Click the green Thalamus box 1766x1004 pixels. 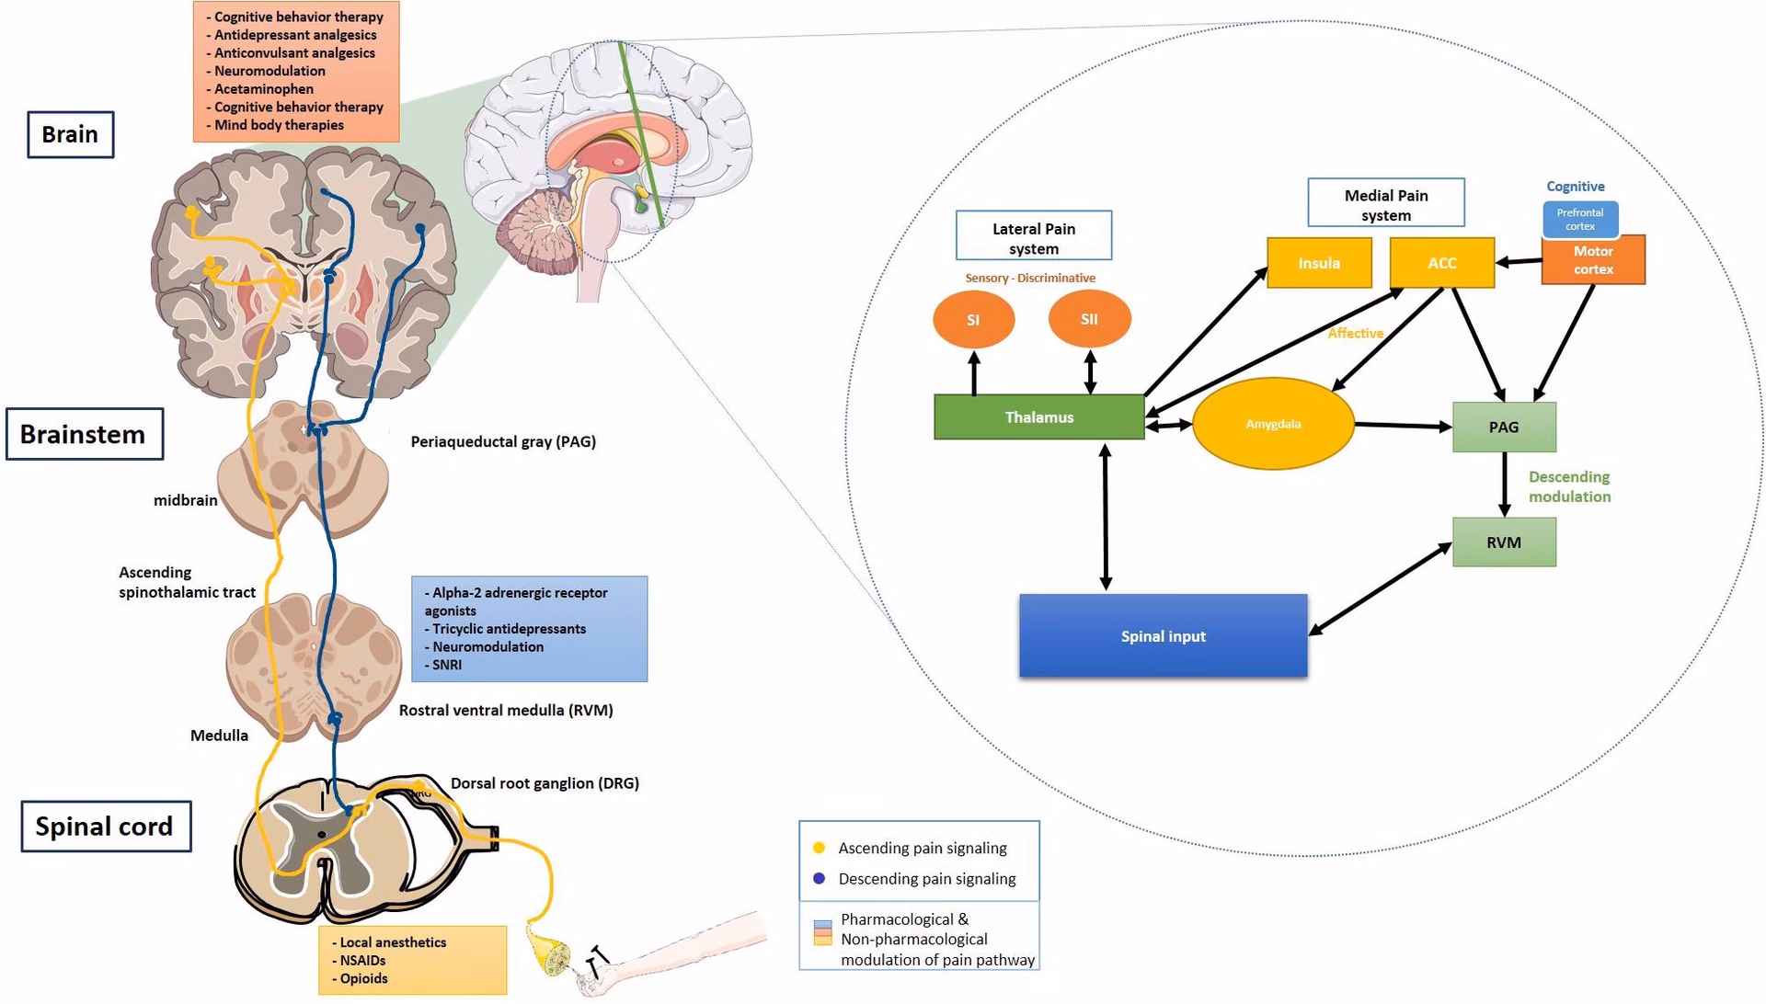1038,417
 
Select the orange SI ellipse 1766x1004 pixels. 973,320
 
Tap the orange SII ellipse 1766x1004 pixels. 1089,319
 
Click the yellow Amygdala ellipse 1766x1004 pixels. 1273,424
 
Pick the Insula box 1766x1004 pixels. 1319,263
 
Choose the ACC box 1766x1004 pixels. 1441,263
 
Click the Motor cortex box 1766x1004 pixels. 1593,262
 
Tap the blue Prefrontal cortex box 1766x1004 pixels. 1579,219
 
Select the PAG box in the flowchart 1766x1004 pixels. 1504,427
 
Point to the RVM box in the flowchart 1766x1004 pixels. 1504,542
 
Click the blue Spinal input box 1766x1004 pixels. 1163,636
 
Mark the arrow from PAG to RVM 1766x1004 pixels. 1505,485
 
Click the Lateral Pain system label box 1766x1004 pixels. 1034,237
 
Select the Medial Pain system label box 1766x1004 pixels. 1385,204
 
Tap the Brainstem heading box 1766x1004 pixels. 84,434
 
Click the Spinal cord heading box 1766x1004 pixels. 105,827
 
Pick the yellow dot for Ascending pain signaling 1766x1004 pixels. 819,848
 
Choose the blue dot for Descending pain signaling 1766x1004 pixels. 819,878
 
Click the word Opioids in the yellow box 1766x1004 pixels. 363,978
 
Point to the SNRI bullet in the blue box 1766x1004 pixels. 447,665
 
